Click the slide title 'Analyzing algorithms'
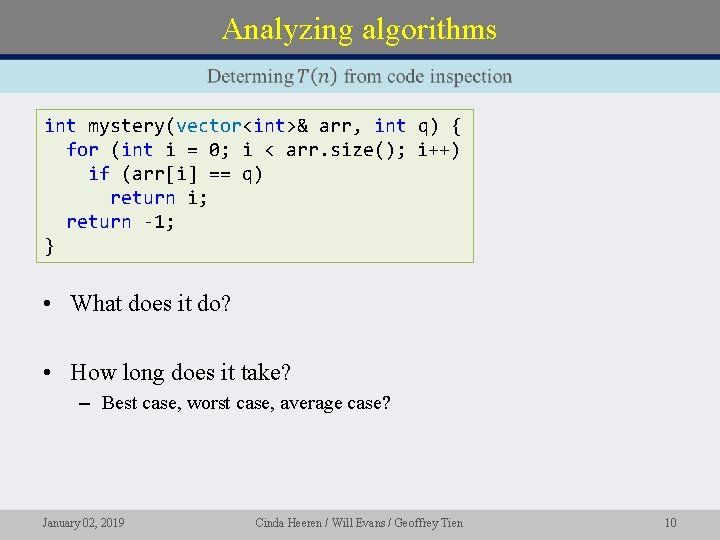point(359,30)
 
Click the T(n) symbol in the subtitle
point(317,77)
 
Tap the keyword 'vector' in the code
point(208,126)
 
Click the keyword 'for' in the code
point(82,150)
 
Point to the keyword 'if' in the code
point(98,174)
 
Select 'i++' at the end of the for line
point(439,150)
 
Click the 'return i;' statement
point(159,198)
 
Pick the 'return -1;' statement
point(120,222)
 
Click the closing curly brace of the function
point(50,246)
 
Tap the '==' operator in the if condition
point(219,174)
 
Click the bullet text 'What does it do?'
point(150,303)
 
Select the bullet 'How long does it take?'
point(180,373)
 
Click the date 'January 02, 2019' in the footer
point(83,522)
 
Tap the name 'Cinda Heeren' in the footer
point(289,522)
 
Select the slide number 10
point(670,522)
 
